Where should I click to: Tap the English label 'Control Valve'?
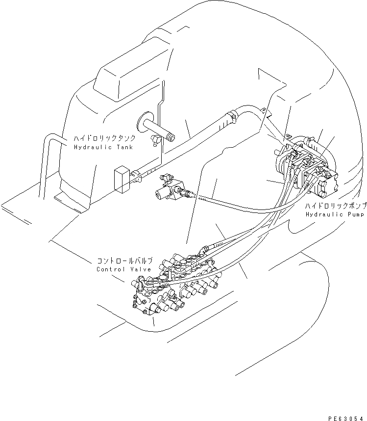[124, 269]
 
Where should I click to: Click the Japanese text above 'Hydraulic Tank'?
[104, 139]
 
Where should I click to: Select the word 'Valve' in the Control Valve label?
[141, 269]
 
